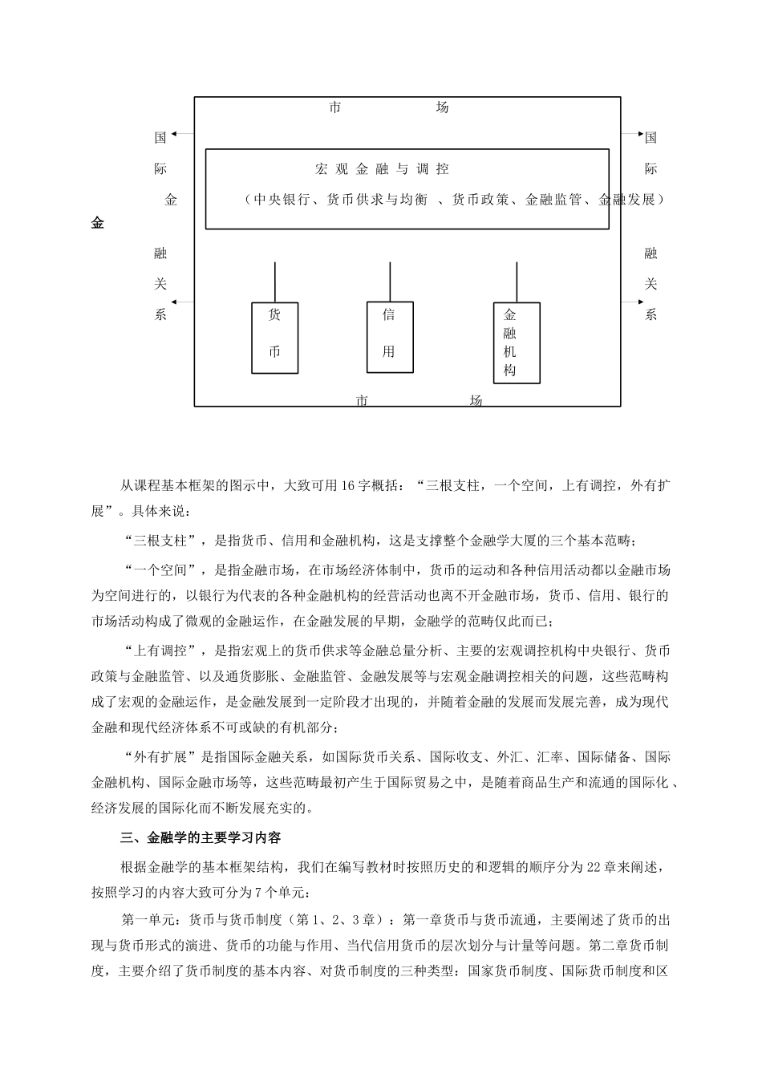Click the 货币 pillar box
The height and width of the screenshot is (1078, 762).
pyautogui.click(x=275, y=338)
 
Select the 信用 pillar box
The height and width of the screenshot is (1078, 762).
pyautogui.click(x=390, y=337)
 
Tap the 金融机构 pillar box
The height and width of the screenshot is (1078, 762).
pyautogui.click(x=516, y=342)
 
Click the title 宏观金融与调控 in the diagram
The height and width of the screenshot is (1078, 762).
pyautogui.click(x=382, y=169)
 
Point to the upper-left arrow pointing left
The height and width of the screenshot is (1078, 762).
pyautogui.click(x=182, y=133)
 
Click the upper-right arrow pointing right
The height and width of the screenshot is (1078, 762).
pyautogui.click(x=633, y=133)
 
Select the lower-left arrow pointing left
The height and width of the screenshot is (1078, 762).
pyautogui.click(x=182, y=302)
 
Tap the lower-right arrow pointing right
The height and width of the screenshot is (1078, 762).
pyautogui.click(x=633, y=302)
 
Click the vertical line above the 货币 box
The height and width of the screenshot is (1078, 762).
pyautogui.click(x=275, y=282)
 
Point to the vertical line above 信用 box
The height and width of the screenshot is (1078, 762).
pyautogui.click(x=390, y=281)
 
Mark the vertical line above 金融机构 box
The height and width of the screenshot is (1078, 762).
pyautogui.click(x=516, y=282)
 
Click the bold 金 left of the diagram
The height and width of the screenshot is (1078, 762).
pyautogui.click(x=97, y=224)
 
